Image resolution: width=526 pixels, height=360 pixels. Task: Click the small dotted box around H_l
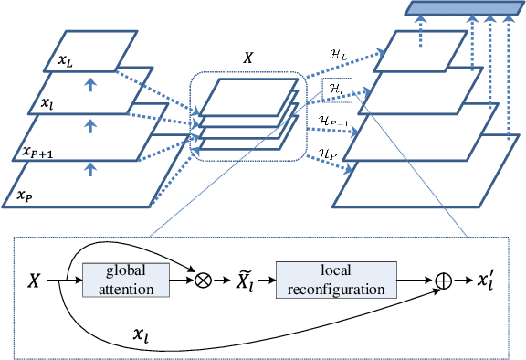[335, 89]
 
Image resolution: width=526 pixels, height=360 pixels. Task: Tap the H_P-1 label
[334, 122]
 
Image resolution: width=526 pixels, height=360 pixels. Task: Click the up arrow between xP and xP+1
[89, 169]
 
